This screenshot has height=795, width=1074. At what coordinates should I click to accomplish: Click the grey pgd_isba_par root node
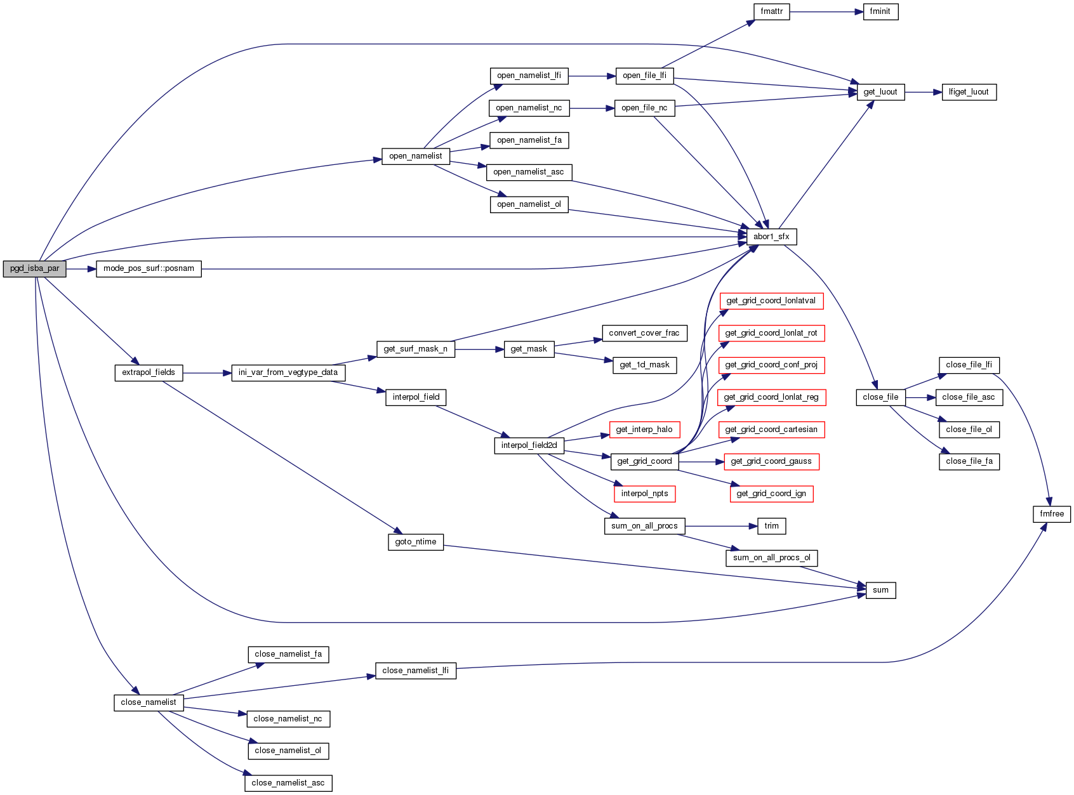(34, 268)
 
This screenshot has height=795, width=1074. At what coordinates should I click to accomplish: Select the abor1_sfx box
(771, 237)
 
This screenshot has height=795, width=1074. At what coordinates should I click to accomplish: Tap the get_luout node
(880, 92)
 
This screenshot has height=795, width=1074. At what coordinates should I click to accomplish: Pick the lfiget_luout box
(969, 92)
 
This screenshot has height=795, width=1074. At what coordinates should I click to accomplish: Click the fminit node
(880, 11)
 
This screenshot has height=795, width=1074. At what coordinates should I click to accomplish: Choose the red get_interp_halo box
(644, 430)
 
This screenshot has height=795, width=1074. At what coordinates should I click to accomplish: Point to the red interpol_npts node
(644, 494)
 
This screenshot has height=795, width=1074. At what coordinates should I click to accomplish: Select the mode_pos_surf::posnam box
(149, 268)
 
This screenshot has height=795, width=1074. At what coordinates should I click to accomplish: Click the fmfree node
(1051, 514)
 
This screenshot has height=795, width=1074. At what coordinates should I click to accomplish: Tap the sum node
(880, 590)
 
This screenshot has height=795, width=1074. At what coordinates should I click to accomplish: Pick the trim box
(771, 526)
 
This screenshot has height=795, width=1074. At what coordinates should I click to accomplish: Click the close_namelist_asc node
(288, 783)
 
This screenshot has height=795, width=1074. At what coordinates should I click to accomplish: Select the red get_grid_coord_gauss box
(771, 461)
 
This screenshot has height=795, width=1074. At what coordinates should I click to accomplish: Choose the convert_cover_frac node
(644, 333)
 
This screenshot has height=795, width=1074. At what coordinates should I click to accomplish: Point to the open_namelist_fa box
(529, 140)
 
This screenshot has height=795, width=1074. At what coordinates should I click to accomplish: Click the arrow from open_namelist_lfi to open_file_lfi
(592, 76)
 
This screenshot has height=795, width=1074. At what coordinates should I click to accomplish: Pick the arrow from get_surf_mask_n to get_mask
(479, 349)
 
